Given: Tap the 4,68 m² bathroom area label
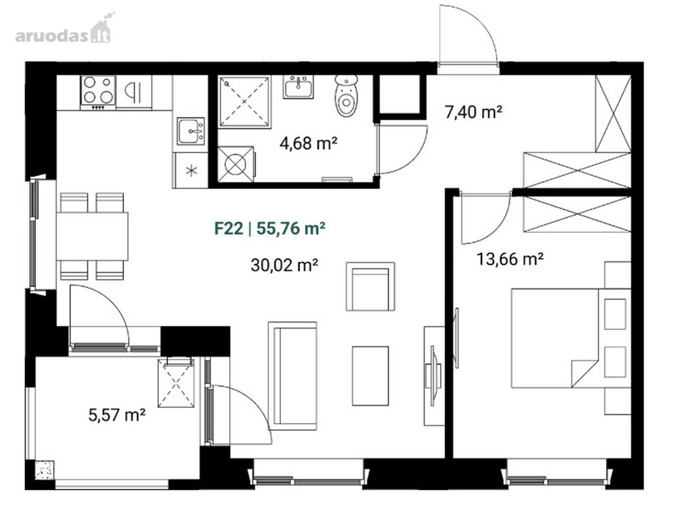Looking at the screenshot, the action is (x=309, y=143).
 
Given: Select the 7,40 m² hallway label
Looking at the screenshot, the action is (x=473, y=113).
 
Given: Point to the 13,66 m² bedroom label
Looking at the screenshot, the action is (x=510, y=259).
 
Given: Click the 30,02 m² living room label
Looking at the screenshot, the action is (x=284, y=265).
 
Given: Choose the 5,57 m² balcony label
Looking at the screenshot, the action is (x=117, y=415).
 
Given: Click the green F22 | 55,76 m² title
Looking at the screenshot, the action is (x=270, y=229).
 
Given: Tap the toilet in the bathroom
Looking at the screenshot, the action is (x=346, y=95).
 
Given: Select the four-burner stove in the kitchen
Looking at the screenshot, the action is (x=98, y=92).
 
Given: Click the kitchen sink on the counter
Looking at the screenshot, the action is (x=190, y=131).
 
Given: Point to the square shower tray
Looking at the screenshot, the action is (x=245, y=102).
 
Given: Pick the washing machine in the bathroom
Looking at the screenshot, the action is (x=236, y=164).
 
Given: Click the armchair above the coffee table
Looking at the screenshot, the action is (x=370, y=286).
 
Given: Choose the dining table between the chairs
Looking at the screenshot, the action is (x=92, y=237).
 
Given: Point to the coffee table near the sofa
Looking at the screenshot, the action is (x=370, y=376).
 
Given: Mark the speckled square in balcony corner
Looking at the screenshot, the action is (x=44, y=471).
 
